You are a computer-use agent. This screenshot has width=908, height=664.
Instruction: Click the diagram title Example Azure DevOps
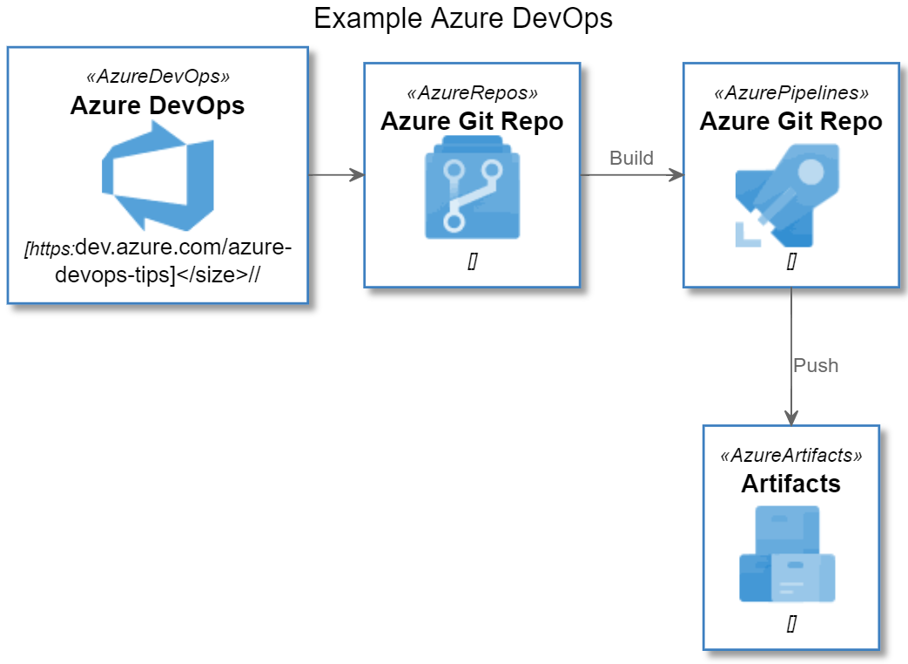pyautogui.click(x=462, y=18)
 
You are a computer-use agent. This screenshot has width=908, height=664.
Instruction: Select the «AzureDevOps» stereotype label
pyautogui.click(x=158, y=76)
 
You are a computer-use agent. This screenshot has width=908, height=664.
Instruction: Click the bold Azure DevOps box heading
pyautogui.click(x=158, y=105)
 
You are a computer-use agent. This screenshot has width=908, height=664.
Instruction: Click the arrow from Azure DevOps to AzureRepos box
pyautogui.click(x=335, y=175)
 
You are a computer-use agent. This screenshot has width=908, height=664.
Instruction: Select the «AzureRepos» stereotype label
pyautogui.click(x=472, y=92)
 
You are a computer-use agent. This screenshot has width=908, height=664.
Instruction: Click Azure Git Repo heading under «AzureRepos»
pyautogui.click(x=472, y=121)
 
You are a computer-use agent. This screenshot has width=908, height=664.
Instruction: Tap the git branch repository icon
pyautogui.click(x=472, y=188)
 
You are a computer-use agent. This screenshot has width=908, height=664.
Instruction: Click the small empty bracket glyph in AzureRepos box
pyautogui.click(x=472, y=261)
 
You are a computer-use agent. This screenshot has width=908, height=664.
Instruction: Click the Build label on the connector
pyautogui.click(x=631, y=158)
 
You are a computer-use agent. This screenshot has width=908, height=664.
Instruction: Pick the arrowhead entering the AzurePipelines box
pyautogui.click(x=676, y=175)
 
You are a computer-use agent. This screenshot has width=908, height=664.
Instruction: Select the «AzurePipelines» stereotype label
pyautogui.click(x=790, y=92)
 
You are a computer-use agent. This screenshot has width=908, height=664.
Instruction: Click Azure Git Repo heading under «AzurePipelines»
pyautogui.click(x=790, y=121)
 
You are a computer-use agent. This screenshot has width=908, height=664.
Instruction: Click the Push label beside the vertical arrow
pyautogui.click(x=816, y=365)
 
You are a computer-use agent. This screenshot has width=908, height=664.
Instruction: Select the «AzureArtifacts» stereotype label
pyautogui.click(x=791, y=456)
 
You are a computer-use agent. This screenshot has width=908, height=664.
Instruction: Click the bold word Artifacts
pyautogui.click(x=791, y=484)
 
